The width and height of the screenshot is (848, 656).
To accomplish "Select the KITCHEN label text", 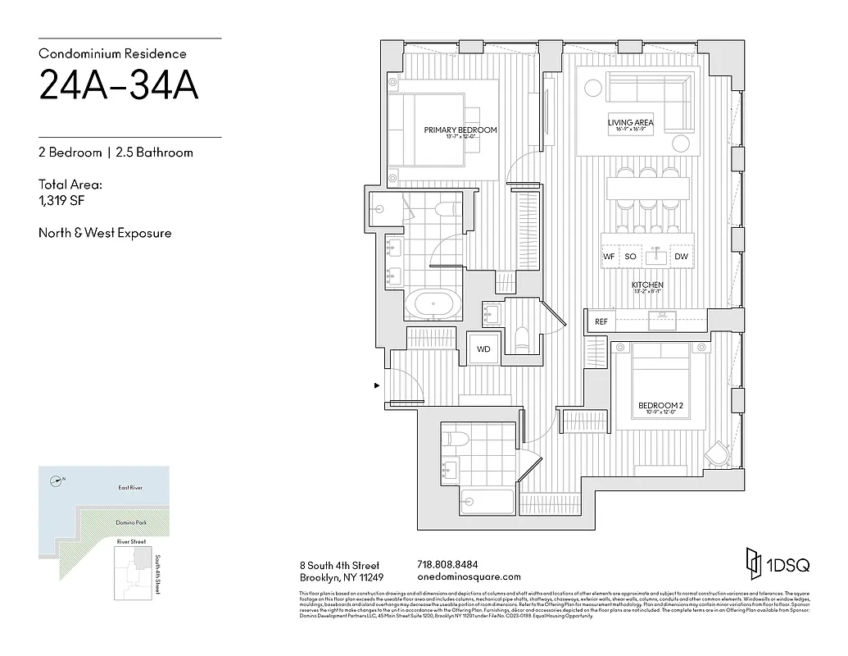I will (x=647, y=285).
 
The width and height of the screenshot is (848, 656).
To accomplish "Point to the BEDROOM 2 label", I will (x=660, y=405).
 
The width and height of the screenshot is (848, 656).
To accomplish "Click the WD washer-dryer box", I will (x=483, y=348).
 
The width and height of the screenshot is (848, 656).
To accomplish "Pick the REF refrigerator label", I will (x=601, y=322).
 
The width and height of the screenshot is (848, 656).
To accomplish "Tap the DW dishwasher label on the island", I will (x=681, y=257).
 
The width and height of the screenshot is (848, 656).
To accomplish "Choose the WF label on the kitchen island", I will (x=609, y=257).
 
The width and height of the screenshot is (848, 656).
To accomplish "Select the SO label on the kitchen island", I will (x=630, y=257).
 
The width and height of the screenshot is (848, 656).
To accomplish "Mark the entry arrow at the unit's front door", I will (x=377, y=385).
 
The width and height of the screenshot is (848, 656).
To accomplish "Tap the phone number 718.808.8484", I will (x=447, y=565).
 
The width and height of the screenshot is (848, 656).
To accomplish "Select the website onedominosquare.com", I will (x=469, y=576).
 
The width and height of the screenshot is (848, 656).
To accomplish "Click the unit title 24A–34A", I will (x=119, y=86).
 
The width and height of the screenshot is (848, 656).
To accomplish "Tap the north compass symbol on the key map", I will (x=56, y=481).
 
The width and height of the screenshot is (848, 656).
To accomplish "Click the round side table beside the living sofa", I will (x=682, y=144).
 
